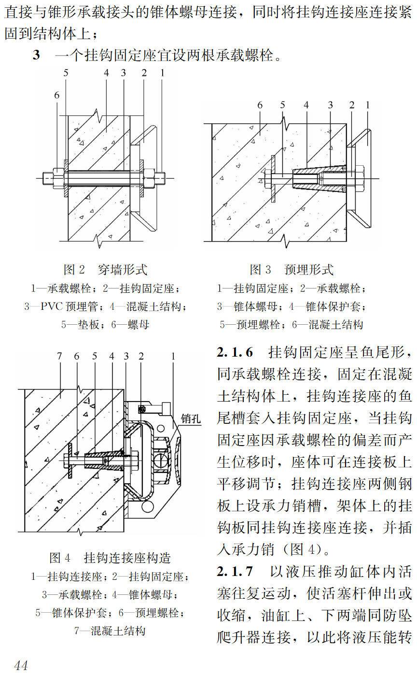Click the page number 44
pyautogui.click(x=21, y=665)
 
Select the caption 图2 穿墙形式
pyautogui.click(x=105, y=269)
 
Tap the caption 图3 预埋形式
pyautogui.click(x=291, y=269)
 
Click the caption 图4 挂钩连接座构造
pyautogui.click(x=110, y=558)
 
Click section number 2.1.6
pyautogui.click(x=235, y=352)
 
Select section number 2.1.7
pyautogui.click(x=235, y=572)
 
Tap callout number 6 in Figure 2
pyautogui.click(x=57, y=96)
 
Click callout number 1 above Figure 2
pyautogui.click(x=163, y=73)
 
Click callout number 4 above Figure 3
pyautogui.click(x=306, y=105)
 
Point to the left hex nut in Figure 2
pyautogui.click(x=57, y=178)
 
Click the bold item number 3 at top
pyautogui.click(x=36, y=55)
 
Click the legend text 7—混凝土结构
pyautogui.click(x=110, y=630)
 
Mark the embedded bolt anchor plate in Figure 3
pyautogui.click(x=273, y=179)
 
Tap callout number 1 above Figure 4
pyautogui.click(x=172, y=356)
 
